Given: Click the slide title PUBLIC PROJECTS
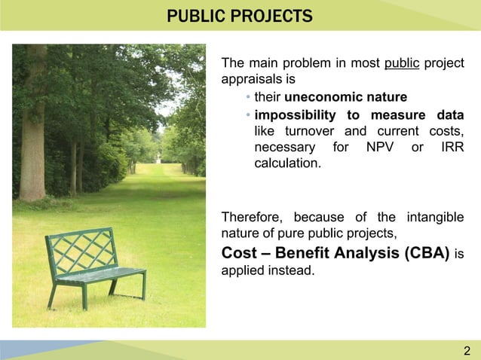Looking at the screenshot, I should [240, 15].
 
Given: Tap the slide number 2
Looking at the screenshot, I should [467, 351].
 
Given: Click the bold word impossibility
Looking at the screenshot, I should [295, 114].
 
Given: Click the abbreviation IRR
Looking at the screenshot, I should [450, 148].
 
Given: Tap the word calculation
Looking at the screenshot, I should [286, 163].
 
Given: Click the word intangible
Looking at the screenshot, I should [435, 217].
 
